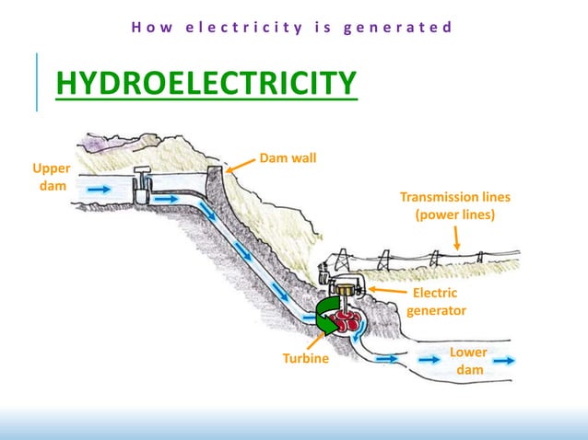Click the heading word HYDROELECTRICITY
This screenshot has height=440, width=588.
pos(206,83)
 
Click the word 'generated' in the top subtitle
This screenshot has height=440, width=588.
pos(397,27)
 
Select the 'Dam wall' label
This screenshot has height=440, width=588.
pos(288,158)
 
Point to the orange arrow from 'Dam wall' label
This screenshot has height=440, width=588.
pos(241,165)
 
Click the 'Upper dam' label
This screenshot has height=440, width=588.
pos(51,177)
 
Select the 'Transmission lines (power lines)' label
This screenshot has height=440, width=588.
pos(454,206)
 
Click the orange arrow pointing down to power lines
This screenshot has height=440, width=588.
pos(457,239)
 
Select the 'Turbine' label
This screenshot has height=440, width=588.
pos(305,357)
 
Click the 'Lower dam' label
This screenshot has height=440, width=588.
pos(468,361)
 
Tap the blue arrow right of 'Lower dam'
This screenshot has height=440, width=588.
pos(503,361)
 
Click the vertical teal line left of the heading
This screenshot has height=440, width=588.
pos(38,82)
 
